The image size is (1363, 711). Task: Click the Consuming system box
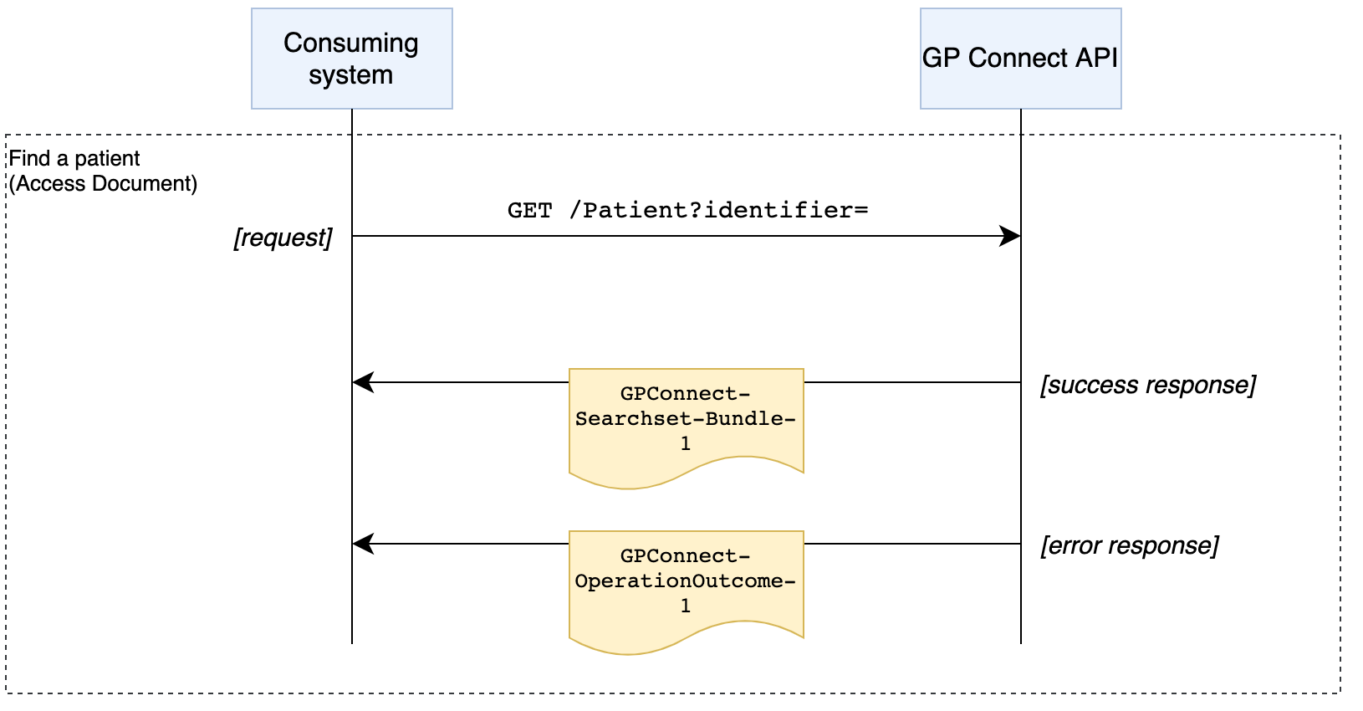pos(351,59)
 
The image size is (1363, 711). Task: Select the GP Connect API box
pos(1020,59)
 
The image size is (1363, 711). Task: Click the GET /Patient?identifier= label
pos(687,210)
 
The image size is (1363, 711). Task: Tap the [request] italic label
pos(283,238)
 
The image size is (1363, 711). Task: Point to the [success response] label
pos(1147,385)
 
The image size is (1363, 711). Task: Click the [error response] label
pos(1129,545)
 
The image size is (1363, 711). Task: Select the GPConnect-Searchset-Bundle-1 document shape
pos(686,422)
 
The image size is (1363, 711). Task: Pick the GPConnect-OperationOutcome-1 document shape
pos(686,586)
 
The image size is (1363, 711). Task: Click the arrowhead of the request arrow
pos(1011,236)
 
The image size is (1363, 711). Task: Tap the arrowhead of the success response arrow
pos(362,382)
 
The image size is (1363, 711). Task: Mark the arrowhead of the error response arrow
pos(362,544)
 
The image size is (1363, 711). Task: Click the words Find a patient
pos(74,158)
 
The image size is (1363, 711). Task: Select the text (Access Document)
pos(103,183)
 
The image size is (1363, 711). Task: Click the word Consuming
pos(351,43)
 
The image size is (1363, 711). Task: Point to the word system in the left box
pos(350,75)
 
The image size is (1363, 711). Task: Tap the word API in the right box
pos(1096,58)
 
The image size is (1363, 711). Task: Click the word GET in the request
pos(529,210)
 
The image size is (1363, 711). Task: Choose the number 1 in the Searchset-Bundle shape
pos(686,444)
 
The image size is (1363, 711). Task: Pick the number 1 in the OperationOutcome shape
pos(686,606)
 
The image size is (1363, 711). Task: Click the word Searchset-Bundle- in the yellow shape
pos(686,418)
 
